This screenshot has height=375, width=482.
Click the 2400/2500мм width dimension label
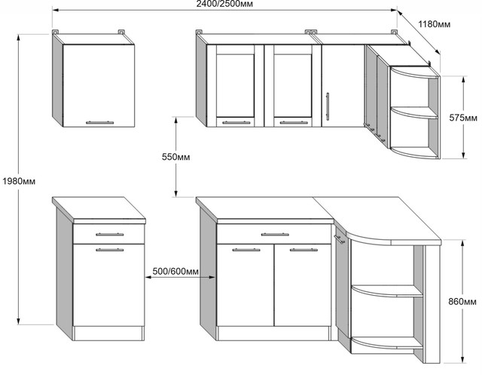coord(224,4)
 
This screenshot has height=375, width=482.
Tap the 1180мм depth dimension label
coord(435,24)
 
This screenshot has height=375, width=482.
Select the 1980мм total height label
coord(19,181)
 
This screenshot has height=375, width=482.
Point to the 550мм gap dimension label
coord(175,157)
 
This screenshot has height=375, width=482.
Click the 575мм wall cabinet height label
coord(463,118)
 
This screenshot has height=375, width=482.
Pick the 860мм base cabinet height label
coord(462,301)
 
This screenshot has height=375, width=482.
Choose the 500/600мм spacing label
coord(175,272)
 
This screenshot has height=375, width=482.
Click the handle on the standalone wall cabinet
coord(99,122)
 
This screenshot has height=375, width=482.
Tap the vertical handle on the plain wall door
coord(328,106)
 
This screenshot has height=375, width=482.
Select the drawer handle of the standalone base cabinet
coord(109,235)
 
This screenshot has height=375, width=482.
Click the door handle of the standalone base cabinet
coord(109,250)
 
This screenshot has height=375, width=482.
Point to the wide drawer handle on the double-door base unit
coord(275,235)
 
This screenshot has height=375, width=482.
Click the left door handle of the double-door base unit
coord(246,250)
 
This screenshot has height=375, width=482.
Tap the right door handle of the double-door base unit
coord(304,250)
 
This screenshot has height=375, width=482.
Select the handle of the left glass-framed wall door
coord(236,122)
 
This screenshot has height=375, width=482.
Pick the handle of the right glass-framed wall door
coord(294,122)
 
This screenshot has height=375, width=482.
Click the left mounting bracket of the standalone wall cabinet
coord(55,32)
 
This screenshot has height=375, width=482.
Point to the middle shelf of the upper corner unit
coord(413,112)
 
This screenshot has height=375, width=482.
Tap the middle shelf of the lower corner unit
coord(386,291)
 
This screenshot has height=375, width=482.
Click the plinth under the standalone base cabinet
coord(108,334)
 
